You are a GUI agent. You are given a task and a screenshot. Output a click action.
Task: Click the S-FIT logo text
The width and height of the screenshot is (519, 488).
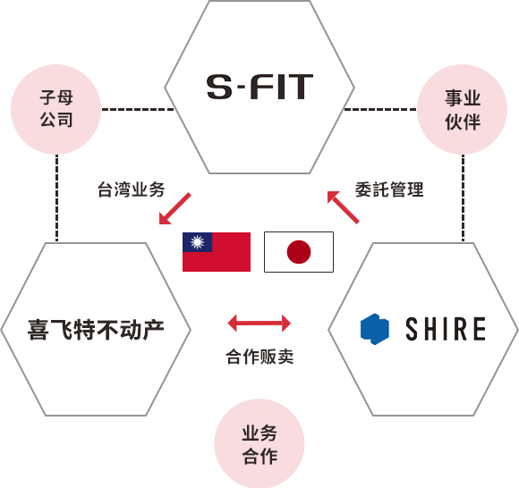pyautogui.click(x=259, y=87)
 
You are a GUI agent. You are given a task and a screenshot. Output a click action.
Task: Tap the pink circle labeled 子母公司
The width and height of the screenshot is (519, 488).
pyautogui.click(x=56, y=109)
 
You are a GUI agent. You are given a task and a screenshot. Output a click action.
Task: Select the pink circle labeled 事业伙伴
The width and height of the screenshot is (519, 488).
pyautogui.click(x=462, y=109)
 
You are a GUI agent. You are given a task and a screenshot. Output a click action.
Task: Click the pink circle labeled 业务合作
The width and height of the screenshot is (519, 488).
pyautogui.click(x=259, y=443)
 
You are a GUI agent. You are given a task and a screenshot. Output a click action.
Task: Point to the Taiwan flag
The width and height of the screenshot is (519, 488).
pyautogui.click(x=217, y=252)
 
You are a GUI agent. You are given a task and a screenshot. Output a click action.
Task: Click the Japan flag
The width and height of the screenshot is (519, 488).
pyautogui.click(x=299, y=252)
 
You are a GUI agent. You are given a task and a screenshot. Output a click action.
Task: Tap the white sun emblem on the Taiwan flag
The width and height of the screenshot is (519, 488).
pyautogui.click(x=197, y=242)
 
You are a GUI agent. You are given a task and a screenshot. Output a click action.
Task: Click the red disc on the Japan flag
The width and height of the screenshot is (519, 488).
pyautogui.click(x=299, y=252)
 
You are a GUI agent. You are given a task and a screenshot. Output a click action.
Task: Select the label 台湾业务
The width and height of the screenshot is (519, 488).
pyautogui.click(x=131, y=189)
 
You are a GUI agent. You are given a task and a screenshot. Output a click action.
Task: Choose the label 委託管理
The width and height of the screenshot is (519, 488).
pyautogui.click(x=389, y=189)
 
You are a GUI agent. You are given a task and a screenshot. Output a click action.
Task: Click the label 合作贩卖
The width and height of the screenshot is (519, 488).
pyautogui.click(x=259, y=357)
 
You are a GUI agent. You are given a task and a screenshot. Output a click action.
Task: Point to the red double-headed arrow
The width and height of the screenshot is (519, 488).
pyautogui.click(x=259, y=323)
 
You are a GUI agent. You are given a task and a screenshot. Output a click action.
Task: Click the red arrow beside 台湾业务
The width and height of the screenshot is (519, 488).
pyautogui.click(x=175, y=208)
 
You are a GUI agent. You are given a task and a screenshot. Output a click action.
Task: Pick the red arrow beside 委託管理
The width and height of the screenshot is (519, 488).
pyautogui.click(x=344, y=207)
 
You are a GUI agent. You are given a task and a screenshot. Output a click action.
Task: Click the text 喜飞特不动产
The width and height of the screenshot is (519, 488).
pyautogui.click(x=96, y=330)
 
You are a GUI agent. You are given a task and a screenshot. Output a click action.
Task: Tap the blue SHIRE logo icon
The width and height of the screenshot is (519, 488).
pyautogui.click(x=375, y=329)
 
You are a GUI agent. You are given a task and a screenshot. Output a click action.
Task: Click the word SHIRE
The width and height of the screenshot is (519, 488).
pyautogui.click(x=446, y=329)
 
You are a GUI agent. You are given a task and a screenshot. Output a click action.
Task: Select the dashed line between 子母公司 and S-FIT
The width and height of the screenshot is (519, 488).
pyautogui.click(x=138, y=109)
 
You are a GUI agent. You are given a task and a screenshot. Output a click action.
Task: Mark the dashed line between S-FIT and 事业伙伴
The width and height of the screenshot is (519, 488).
pyautogui.click(x=380, y=109)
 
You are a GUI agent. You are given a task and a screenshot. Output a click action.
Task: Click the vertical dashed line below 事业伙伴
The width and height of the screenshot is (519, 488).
pyautogui.click(x=463, y=198)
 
